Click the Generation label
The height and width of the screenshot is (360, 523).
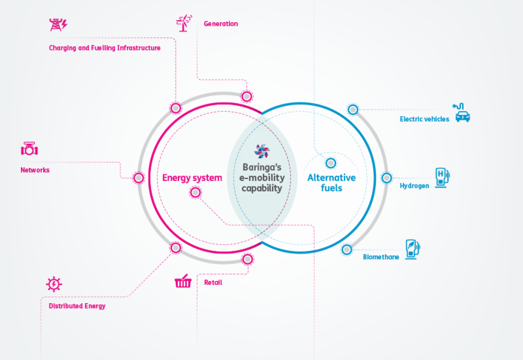(220, 24)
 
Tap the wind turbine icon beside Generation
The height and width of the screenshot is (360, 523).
(184, 23)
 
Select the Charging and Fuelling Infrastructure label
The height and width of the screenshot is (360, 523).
(105, 48)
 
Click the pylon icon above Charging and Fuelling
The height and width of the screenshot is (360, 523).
(58, 25)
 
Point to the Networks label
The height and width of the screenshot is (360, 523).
(35, 170)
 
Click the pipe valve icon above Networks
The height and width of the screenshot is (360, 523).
(29, 149)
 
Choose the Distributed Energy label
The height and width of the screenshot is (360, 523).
(77, 306)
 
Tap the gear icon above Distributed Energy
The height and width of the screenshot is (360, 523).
(54, 284)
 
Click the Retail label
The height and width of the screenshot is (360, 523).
(213, 283)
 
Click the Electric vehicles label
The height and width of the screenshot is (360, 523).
(424, 119)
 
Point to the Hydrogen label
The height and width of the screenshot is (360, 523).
(414, 186)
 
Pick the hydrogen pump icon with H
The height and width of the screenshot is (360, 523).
(442, 177)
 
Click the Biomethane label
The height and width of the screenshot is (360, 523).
(381, 257)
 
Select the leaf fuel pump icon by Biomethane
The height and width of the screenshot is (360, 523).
(412, 250)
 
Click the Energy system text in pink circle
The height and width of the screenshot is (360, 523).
(192, 178)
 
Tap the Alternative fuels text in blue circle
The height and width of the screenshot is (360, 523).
(331, 183)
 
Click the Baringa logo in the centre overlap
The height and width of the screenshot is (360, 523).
(262, 151)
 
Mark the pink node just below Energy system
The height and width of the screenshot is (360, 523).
(195, 193)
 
